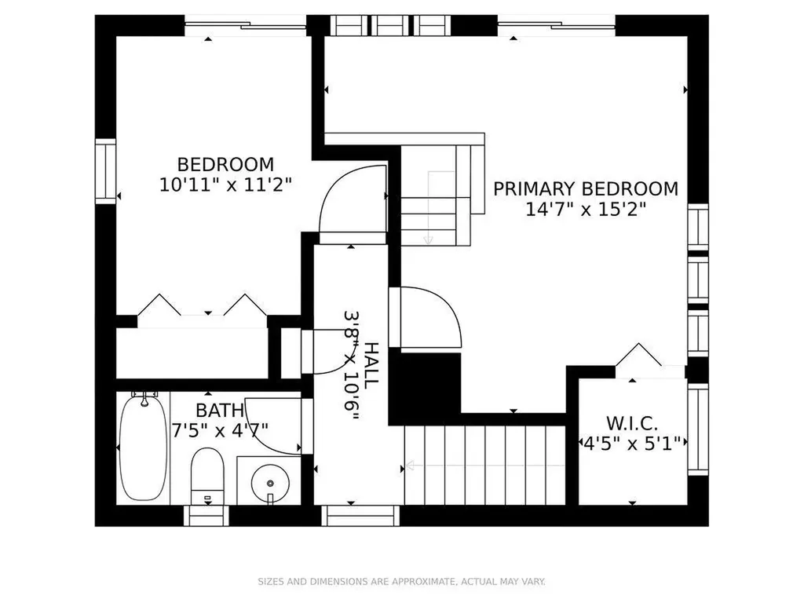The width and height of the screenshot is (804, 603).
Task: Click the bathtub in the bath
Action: point(143,447)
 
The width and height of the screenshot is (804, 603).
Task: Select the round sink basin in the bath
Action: point(270,483)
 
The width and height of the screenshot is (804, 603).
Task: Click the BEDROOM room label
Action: point(225,165)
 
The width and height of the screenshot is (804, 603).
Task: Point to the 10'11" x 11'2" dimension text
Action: point(225,185)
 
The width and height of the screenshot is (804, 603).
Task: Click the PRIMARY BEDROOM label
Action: point(586,188)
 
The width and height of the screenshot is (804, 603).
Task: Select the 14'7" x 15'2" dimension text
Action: point(586,209)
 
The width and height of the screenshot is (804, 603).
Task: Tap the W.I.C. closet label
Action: point(632,423)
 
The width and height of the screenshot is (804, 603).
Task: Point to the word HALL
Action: point(371,364)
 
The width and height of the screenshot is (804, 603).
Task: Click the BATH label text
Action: point(220,410)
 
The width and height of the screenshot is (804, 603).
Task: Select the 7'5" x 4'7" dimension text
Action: point(221,429)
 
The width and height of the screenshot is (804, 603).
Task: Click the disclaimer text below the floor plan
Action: point(401,582)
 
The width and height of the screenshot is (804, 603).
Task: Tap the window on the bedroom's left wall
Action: point(106,171)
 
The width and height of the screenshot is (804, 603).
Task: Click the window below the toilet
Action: point(206,516)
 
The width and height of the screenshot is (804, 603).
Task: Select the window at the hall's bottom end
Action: point(360,516)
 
